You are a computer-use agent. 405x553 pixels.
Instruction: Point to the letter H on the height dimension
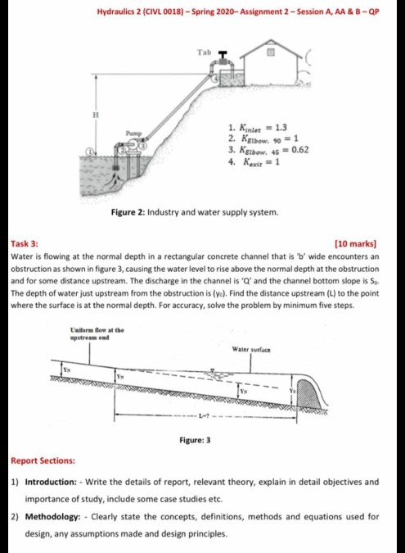pyautogui.click(x=97, y=116)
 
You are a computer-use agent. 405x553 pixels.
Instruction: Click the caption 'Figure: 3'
pyautogui.click(x=195, y=440)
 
